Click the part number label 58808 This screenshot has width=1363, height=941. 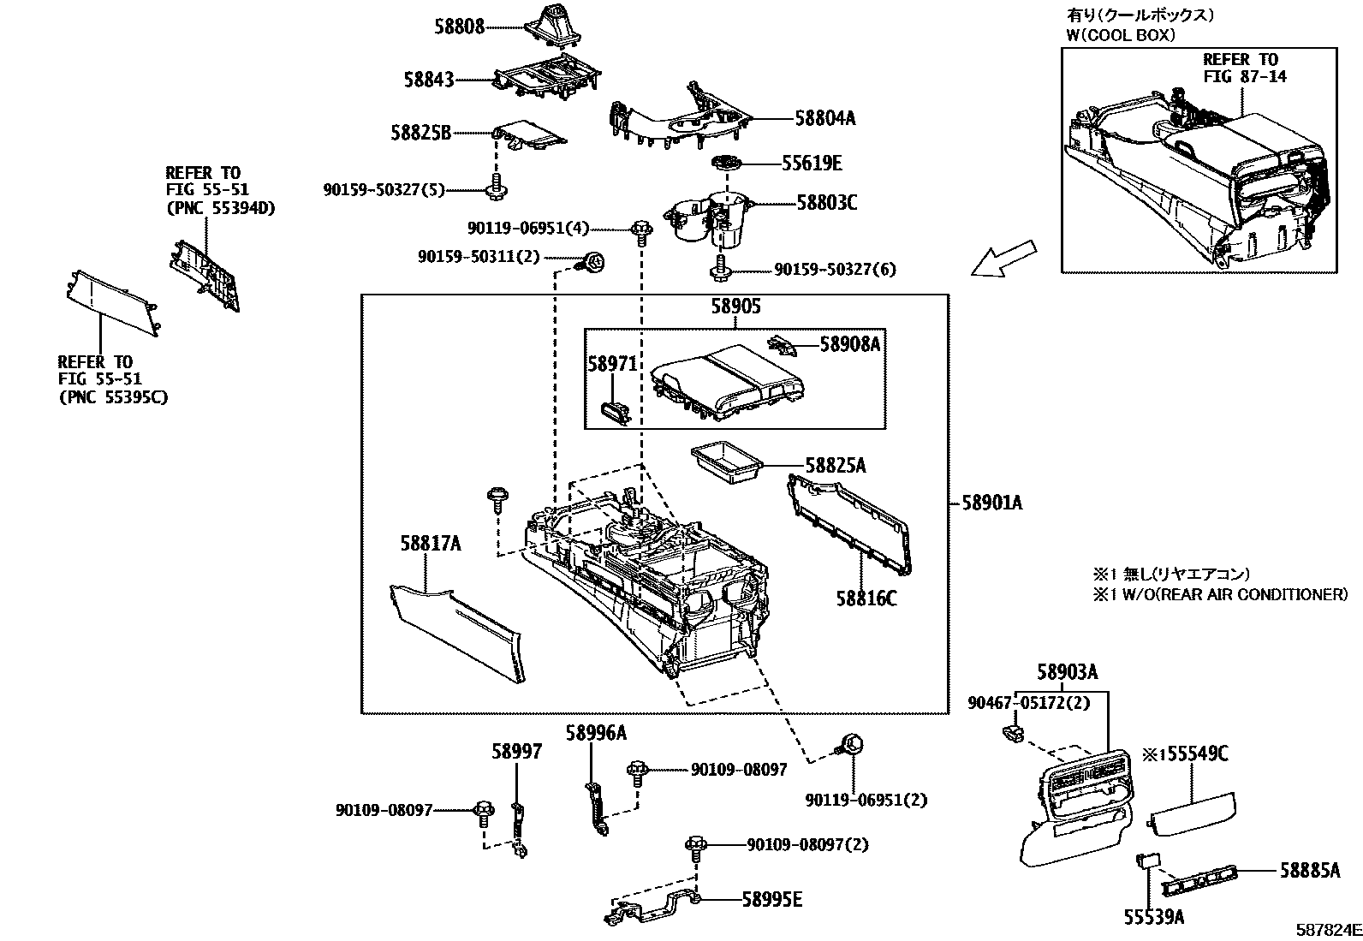[458, 27]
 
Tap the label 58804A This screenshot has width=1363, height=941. [824, 119]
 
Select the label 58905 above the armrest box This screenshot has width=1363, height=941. [735, 307]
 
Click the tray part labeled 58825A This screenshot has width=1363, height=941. [724, 462]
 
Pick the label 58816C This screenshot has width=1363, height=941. [866, 599]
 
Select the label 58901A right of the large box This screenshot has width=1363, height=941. [991, 503]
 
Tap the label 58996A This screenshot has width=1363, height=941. [595, 733]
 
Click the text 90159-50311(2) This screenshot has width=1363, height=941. [479, 257]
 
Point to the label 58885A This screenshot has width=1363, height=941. [1310, 871]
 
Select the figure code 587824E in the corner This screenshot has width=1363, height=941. [1327, 929]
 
